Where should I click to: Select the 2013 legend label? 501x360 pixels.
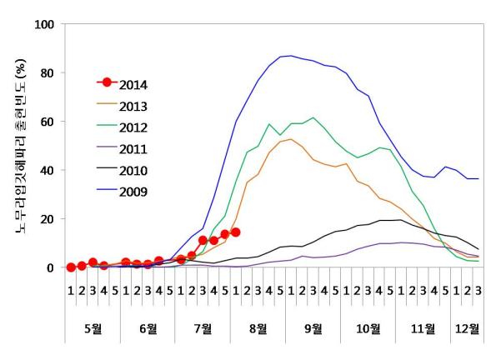(x=133, y=105)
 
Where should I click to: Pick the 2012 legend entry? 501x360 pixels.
(x=133, y=127)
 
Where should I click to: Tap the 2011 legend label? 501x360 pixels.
(x=133, y=149)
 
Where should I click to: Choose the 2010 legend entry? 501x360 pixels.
(x=133, y=171)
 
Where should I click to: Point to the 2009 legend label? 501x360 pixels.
(x=133, y=192)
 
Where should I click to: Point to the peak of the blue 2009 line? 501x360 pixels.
(x=290, y=56)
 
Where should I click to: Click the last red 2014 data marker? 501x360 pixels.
(x=236, y=232)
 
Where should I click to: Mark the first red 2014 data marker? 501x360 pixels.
(x=71, y=267)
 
